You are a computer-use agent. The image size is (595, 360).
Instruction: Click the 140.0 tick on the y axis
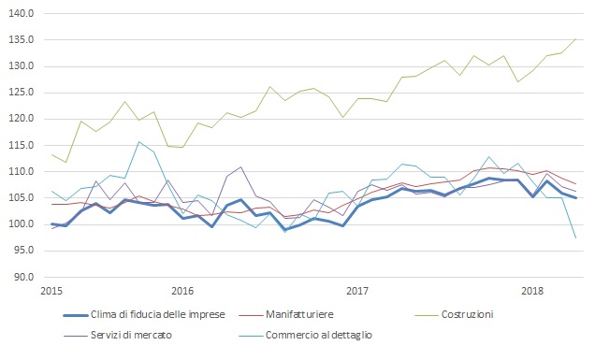point(22,14)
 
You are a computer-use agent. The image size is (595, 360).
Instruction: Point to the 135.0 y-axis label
point(22,40)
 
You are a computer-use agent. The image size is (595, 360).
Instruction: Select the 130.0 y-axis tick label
point(22,66)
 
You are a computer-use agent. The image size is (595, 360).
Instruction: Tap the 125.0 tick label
point(22,93)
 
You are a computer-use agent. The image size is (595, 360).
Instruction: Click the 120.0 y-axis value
point(22,119)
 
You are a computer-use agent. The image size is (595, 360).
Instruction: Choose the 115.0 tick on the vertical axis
point(22,145)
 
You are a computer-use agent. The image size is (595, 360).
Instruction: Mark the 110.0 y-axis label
point(22,172)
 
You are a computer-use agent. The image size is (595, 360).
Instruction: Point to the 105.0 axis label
point(22,198)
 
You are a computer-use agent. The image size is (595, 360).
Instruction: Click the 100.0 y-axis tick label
point(22,224)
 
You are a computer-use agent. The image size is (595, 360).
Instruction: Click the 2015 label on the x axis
point(51,292)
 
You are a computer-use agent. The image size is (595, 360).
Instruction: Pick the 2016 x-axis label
point(182,292)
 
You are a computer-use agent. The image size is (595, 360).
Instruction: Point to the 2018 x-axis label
point(531,292)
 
